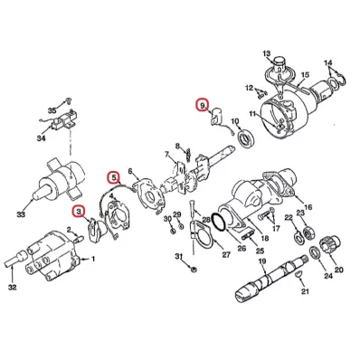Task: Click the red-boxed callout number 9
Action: (x=202, y=105)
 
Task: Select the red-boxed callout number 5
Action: (x=114, y=178)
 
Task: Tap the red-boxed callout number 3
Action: (x=79, y=212)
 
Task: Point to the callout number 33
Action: (x=21, y=215)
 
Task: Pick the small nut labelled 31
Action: (x=194, y=268)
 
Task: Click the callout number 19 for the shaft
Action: (x=262, y=261)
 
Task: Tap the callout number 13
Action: (x=267, y=54)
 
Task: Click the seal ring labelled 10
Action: (x=247, y=137)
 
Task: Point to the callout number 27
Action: (x=226, y=255)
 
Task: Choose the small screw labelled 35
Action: (x=69, y=99)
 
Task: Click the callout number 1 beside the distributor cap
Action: (x=93, y=259)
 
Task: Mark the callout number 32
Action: (x=12, y=288)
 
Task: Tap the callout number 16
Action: (x=308, y=207)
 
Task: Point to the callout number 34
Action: (x=41, y=138)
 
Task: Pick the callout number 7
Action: (x=166, y=155)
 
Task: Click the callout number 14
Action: (x=328, y=63)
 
